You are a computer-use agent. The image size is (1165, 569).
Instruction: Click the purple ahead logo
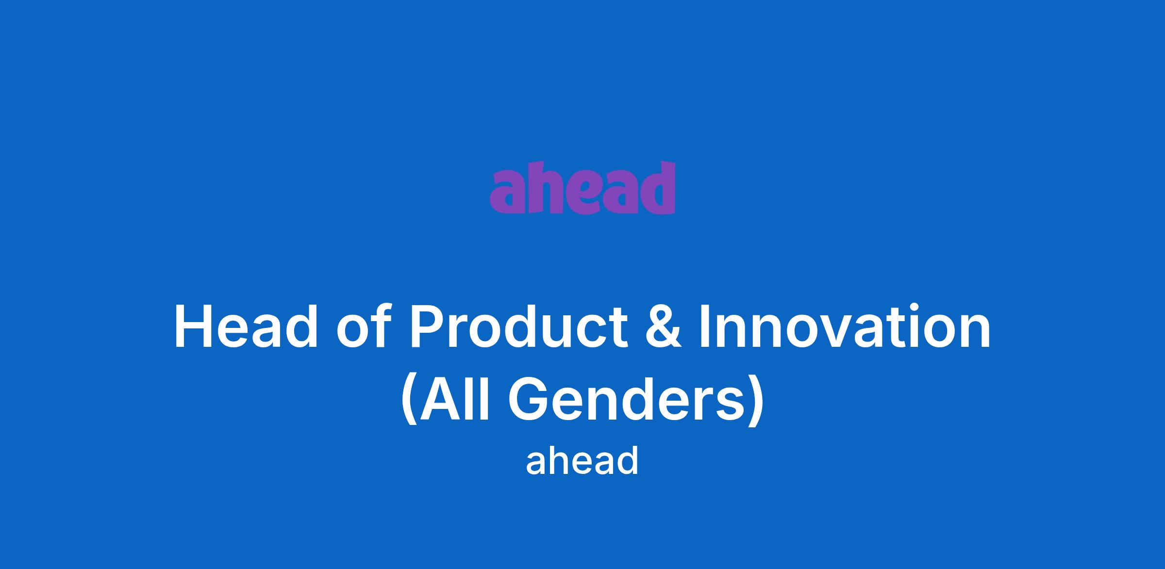582,187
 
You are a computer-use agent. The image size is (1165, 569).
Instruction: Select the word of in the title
364,325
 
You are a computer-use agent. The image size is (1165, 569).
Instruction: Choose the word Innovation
845,325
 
